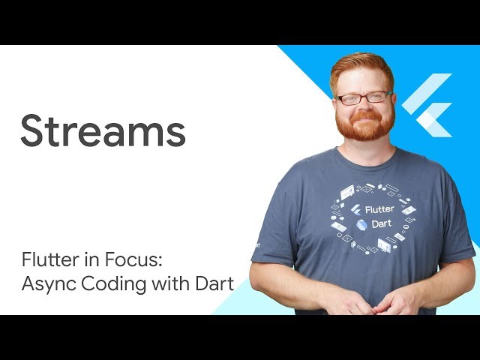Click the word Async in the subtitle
point(47,285)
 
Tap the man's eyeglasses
point(364,97)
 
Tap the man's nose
point(364,106)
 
